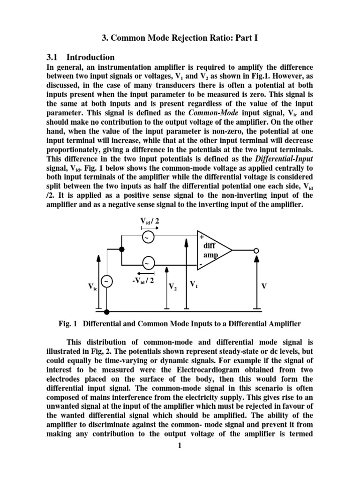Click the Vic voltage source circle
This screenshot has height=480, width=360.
[x=107, y=281]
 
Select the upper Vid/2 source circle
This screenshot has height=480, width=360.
[x=148, y=237]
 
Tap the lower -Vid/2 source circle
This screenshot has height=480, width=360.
[x=148, y=264]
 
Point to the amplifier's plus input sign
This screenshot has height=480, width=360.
[x=202, y=237]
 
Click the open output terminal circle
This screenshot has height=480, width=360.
[x=256, y=250]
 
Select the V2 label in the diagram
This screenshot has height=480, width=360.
[x=172, y=286]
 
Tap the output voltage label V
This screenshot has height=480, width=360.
[x=264, y=285]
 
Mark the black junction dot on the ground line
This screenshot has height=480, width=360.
[x=107, y=312]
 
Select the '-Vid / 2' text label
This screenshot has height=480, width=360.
[x=146, y=281]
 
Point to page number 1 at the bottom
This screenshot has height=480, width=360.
[x=180, y=445]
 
